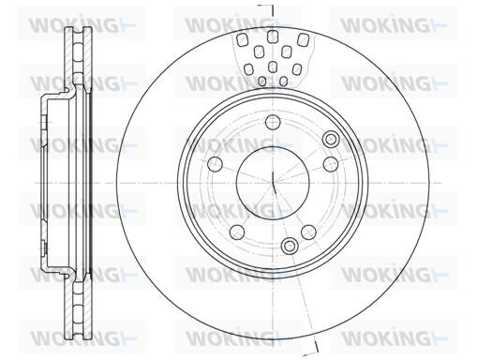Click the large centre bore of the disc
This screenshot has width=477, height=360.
273,183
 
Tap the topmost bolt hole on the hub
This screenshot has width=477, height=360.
273,122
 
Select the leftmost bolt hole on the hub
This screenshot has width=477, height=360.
216,164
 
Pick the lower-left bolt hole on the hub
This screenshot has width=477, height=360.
237,232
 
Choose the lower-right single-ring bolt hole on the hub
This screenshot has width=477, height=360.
308,232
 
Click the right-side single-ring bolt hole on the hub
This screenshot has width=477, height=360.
331,164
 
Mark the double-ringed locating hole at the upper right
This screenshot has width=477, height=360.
331,139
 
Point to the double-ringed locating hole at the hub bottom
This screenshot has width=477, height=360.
290,246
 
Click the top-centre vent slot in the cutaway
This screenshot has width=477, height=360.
273,37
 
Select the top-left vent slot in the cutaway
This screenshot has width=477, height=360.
242,40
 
